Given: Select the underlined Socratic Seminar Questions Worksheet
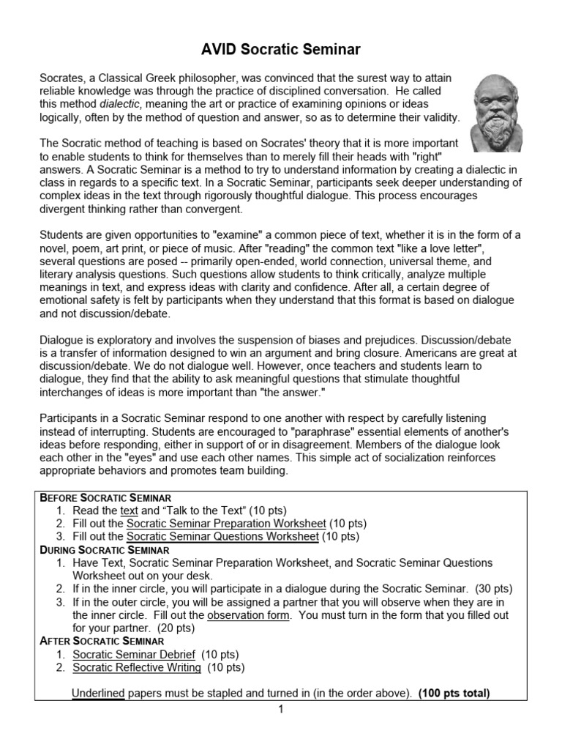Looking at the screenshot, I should point(222,536).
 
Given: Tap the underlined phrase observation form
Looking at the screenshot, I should point(249,615).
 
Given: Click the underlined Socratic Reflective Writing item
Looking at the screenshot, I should point(137,667).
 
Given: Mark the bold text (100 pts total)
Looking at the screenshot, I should point(454,693).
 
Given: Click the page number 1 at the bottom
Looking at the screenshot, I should point(280,709).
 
